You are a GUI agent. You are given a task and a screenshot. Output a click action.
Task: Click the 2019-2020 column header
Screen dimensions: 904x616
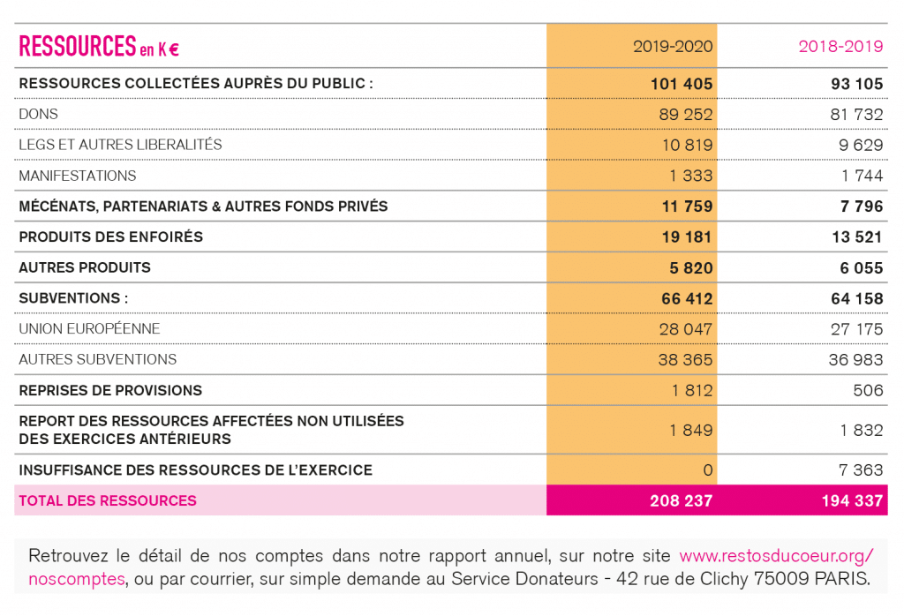673,46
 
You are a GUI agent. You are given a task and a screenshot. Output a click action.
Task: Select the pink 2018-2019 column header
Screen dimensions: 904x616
840,46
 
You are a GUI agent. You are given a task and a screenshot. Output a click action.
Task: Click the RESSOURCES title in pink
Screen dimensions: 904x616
78,46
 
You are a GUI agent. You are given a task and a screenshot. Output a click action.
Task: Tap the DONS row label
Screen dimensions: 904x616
38,114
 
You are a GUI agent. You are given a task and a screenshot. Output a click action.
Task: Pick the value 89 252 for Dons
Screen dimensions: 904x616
685,114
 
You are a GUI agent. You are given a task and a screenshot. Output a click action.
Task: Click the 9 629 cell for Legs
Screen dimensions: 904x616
861,145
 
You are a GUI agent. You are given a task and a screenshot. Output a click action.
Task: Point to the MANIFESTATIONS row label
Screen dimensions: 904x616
78,176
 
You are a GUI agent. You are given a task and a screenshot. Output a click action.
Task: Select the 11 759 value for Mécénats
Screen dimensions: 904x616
687,207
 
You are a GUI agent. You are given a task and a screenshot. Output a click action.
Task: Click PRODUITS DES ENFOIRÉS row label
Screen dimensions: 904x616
110,237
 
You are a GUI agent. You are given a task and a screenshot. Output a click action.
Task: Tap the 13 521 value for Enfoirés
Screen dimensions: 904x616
857,237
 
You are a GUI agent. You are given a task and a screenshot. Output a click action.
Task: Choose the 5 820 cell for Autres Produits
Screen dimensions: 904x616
690,268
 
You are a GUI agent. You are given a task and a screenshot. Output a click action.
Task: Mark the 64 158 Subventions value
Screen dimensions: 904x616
856,298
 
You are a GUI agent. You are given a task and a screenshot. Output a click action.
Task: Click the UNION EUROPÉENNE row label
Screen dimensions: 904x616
89,328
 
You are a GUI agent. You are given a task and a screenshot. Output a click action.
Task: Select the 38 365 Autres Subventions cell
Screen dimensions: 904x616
685,359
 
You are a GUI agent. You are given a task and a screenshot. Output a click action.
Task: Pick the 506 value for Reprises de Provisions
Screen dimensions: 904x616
869,390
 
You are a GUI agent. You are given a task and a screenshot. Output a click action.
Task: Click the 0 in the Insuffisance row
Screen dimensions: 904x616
708,470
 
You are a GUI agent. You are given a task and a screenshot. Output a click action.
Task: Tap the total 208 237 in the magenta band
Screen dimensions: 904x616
682,500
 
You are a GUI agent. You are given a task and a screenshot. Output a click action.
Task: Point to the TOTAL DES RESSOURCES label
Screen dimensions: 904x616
108,500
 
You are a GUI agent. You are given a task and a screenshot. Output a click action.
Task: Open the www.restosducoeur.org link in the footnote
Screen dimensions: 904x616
777,556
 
